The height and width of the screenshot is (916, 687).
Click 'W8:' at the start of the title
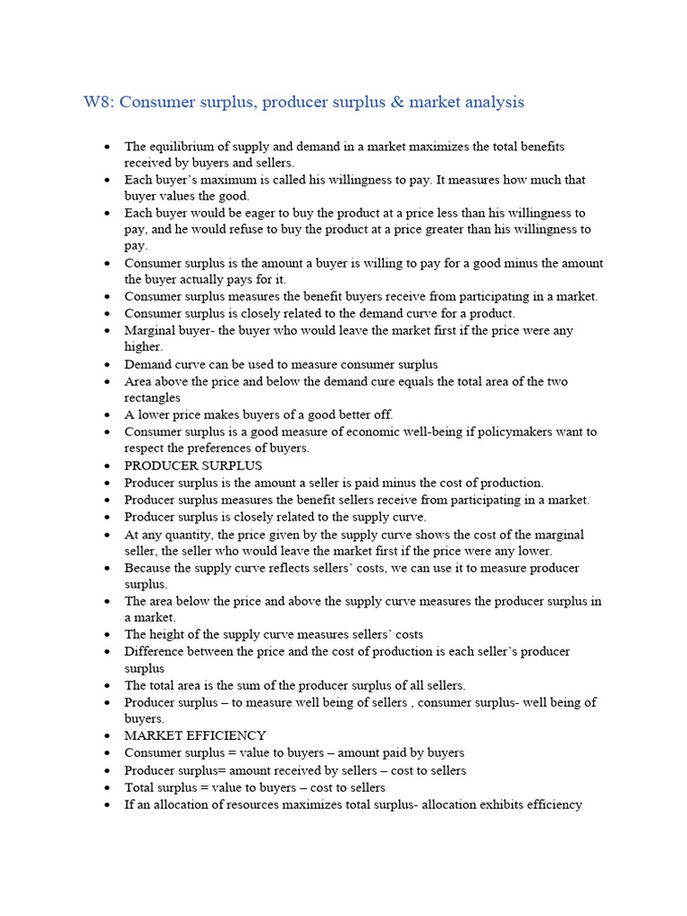(x=98, y=102)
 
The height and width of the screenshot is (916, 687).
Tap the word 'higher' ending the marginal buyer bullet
(x=142, y=347)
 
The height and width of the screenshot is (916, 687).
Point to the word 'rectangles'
(x=153, y=398)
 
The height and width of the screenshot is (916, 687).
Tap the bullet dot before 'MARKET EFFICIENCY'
(x=107, y=736)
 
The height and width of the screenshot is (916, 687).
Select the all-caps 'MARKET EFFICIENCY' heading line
(x=195, y=736)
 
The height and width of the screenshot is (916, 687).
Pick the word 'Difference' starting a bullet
(x=155, y=652)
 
